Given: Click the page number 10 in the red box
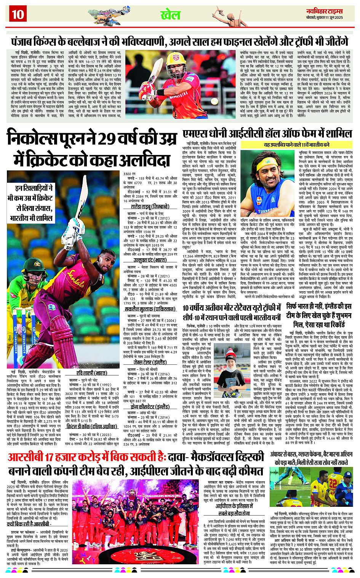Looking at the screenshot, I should [18, 14].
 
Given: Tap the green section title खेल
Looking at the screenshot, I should [170, 15].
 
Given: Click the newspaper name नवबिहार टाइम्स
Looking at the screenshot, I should [325, 11].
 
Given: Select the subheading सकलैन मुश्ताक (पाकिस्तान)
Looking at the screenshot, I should [150, 309].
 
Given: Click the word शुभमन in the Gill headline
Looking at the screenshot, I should [338, 316].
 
